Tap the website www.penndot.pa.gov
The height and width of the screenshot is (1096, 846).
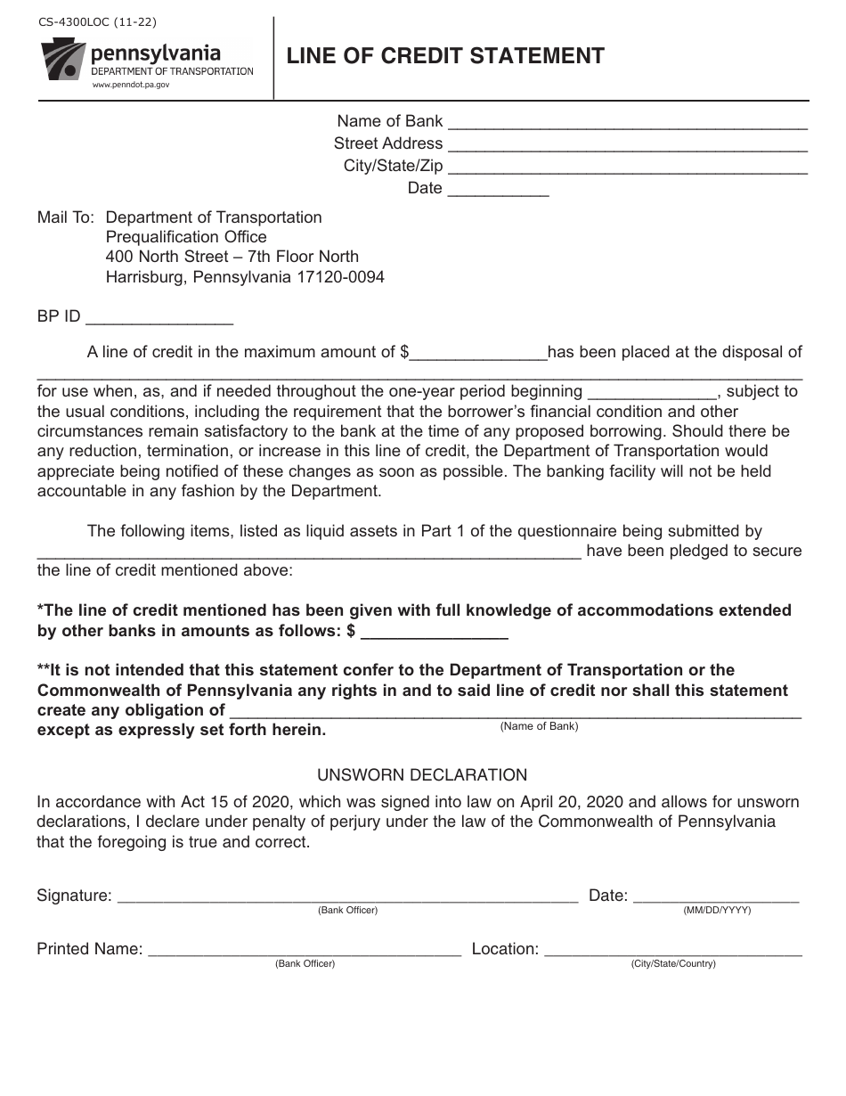point(130,84)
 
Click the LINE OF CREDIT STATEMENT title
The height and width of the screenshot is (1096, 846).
point(445,56)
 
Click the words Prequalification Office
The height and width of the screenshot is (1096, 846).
point(186,237)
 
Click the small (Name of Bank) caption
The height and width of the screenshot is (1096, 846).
point(539,726)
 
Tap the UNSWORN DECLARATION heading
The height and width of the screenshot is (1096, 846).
point(422,775)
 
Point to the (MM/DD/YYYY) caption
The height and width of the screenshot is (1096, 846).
point(717,911)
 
